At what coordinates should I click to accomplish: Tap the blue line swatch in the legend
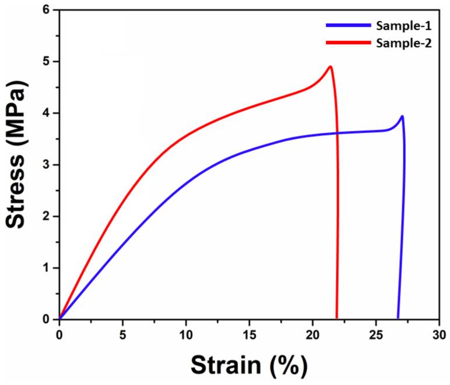[347, 26]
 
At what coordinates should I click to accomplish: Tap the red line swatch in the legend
[347, 43]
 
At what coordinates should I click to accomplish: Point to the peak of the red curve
[331, 66]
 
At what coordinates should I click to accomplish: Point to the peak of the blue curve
[402, 116]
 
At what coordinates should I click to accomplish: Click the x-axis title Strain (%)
[249, 366]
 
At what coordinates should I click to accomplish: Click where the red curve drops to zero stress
[336, 318]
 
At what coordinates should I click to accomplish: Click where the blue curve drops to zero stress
[398, 318]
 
